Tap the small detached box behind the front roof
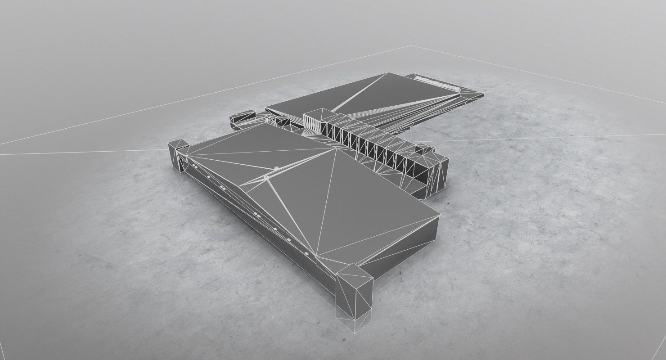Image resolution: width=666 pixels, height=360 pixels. click(x=241, y=118)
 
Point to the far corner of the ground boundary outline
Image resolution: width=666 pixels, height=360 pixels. click(x=410, y=46)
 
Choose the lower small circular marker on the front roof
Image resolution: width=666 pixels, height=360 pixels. click(x=266, y=178)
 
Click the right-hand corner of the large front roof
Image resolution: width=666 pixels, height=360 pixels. click(x=439, y=216)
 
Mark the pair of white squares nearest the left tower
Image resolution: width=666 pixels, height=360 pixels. click(x=194, y=166)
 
